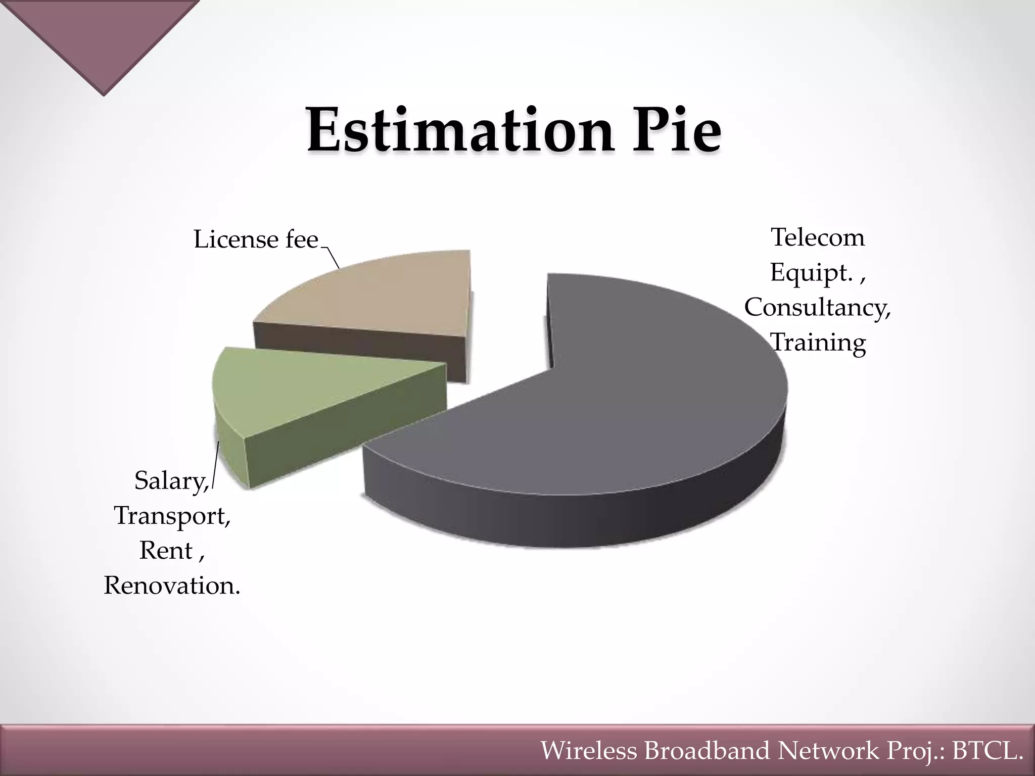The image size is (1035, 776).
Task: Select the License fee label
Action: pyautogui.click(x=256, y=239)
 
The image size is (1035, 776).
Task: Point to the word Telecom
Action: pyautogui.click(x=818, y=237)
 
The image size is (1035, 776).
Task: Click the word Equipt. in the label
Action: pyautogui.click(x=812, y=273)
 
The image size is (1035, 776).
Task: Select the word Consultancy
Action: pyautogui.click(x=817, y=307)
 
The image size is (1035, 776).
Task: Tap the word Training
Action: pyautogui.click(x=819, y=343)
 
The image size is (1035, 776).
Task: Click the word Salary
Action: pyautogui.click(x=171, y=480)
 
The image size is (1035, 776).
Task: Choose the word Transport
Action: pyautogui.click(x=172, y=516)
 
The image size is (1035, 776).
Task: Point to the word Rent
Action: pyautogui.click(x=166, y=551)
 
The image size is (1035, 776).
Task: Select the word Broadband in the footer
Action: pyautogui.click(x=708, y=751)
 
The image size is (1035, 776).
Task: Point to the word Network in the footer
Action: pyautogui.click(x=828, y=751)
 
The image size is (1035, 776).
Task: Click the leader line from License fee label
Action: pyautogui.click(x=332, y=258)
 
